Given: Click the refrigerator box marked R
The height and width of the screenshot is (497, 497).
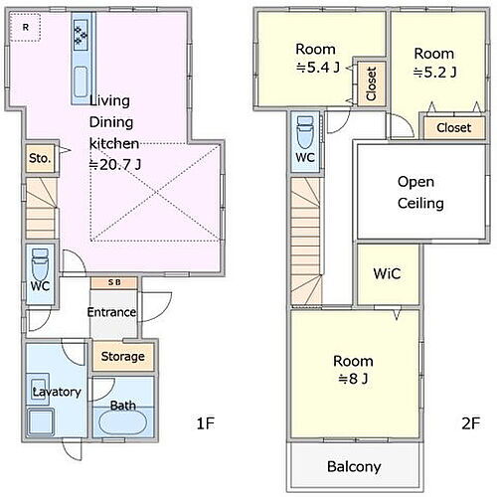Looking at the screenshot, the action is (25, 27).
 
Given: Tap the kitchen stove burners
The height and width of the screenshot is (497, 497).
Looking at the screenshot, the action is (81, 35).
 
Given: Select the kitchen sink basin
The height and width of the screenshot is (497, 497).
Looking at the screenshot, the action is (81, 82).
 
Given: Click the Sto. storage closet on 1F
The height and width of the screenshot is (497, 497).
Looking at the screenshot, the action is (40, 158).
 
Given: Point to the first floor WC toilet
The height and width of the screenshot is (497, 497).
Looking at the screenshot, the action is (40, 264).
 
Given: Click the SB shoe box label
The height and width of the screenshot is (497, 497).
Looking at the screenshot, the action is (114, 282).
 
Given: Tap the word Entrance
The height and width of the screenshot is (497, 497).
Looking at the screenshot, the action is (111, 312).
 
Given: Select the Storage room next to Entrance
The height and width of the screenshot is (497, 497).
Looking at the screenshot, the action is (123, 357).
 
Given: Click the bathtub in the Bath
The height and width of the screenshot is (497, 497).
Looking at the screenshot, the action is (123, 422).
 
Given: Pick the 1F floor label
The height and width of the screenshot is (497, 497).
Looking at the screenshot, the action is (206, 423).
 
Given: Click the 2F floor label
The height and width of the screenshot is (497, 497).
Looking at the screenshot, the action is (471, 423).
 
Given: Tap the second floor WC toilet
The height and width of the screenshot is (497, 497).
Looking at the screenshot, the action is (305, 132).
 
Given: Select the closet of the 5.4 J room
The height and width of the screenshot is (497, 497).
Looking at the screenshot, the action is (372, 83).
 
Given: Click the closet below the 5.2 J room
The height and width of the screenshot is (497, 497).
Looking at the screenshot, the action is (453, 127).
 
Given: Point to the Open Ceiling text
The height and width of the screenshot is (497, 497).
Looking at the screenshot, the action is (420, 192).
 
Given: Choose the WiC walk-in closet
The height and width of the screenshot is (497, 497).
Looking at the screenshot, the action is (387, 273).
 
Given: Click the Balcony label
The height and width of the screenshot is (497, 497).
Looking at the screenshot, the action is (354, 467).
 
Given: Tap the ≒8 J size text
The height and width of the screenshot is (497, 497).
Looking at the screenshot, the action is (353, 379).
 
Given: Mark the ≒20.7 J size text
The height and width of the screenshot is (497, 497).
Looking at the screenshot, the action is (115, 164).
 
